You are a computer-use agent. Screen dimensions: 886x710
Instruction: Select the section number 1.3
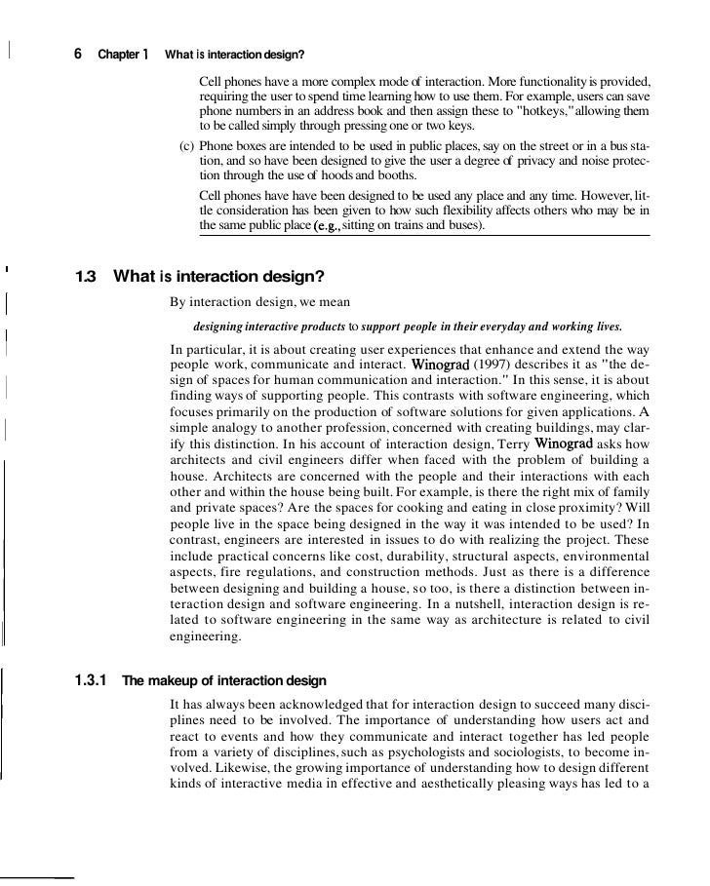(x=86, y=276)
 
